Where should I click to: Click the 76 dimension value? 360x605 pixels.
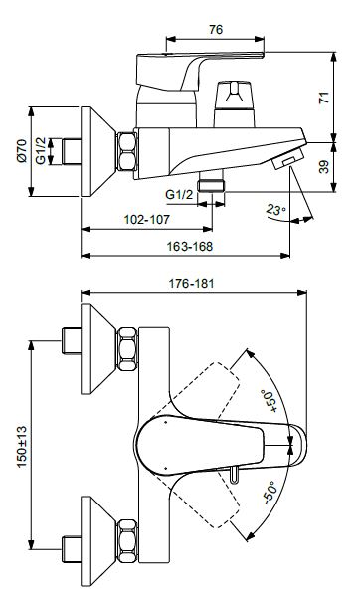216,29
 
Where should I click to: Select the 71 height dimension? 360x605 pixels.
324,97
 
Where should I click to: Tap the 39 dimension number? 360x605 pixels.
324,167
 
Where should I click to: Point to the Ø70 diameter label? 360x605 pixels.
22,151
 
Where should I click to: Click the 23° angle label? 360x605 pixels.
276,210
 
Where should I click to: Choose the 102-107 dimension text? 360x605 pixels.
146,219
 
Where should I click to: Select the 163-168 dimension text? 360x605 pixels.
189,246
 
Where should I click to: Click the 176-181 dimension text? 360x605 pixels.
191,284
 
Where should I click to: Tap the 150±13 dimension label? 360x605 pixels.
22,447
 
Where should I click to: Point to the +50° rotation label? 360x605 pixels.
270,401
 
